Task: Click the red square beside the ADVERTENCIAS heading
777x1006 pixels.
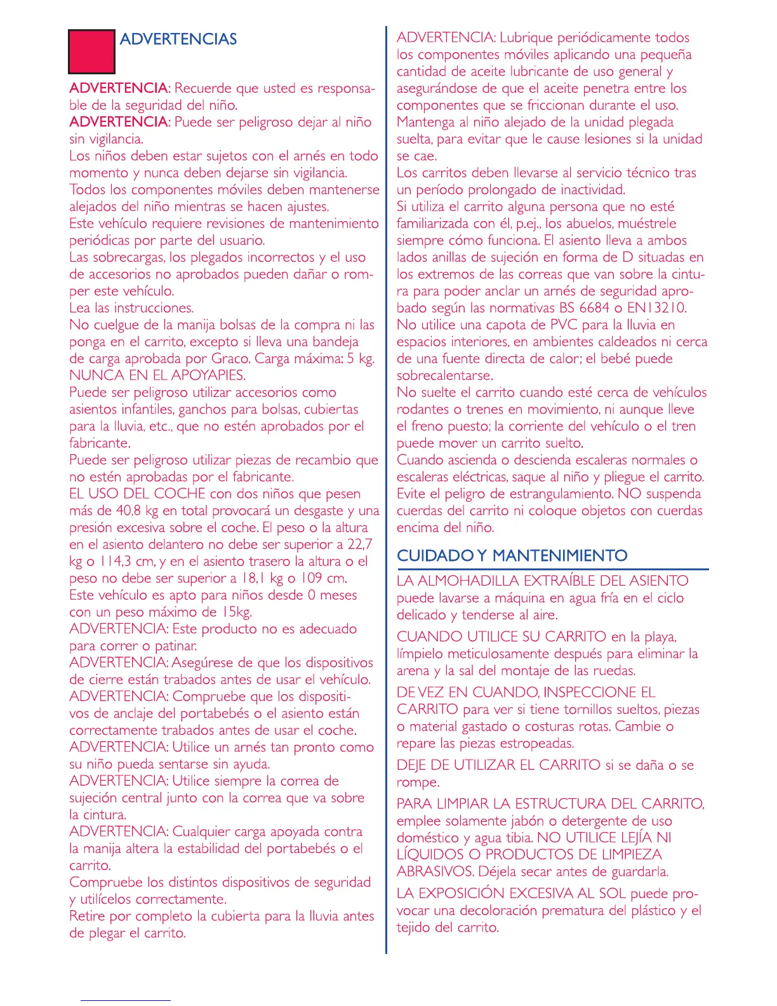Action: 91,51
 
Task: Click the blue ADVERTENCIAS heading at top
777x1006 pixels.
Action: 178,39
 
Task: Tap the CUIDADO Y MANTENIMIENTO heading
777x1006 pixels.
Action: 512,556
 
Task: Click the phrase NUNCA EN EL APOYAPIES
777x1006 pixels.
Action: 157,375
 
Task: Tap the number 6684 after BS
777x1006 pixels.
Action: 594,308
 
